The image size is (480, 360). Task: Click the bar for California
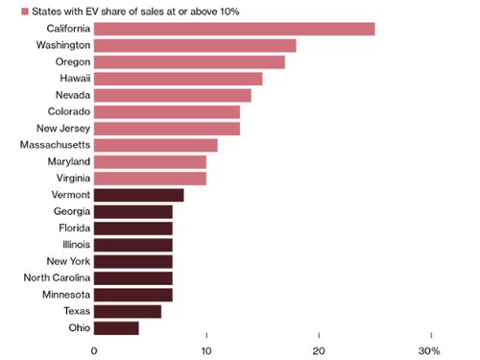point(234,28)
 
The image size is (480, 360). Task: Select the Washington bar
point(195,45)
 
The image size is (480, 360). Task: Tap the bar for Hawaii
point(178,79)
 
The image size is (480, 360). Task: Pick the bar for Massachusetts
point(156,145)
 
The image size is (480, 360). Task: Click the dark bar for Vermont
point(138,195)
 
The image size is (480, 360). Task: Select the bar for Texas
point(128,311)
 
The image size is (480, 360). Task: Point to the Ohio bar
point(116,327)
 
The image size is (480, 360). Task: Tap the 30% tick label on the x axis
point(427,350)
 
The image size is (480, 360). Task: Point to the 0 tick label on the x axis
point(94,350)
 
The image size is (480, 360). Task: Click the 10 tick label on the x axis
point(205,350)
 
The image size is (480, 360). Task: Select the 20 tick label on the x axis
point(319,350)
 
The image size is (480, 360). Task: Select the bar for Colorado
point(167,111)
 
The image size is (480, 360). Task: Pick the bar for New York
point(133,261)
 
